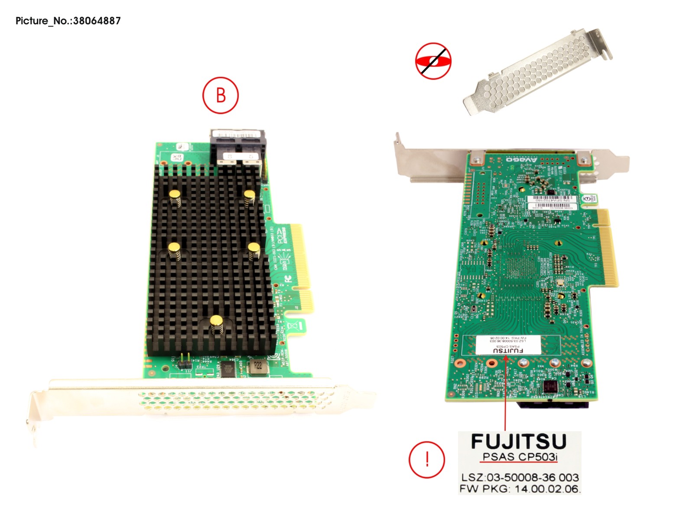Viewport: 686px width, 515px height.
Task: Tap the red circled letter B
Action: (x=221, y=95)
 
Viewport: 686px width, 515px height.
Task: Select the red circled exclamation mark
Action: (x=427, y=460)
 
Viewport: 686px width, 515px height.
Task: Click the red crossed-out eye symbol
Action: (x=433, y=61)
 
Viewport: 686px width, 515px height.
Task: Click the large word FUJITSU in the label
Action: (x=519, y=442)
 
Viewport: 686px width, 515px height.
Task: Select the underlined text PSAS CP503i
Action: (x=520, y=457)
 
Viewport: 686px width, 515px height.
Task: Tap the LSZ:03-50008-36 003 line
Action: (x=520, y=477)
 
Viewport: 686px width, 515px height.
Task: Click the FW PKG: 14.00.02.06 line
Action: (x=519, y=489)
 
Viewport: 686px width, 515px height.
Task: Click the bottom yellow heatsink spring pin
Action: (x=216, y=321)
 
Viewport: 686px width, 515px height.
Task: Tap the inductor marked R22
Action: (x=258, y=366)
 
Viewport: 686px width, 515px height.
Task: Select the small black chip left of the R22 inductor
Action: (x=227, y=369)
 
